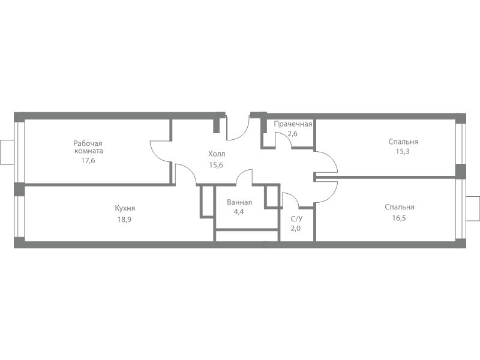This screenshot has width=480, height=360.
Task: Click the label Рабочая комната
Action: click(88, 147)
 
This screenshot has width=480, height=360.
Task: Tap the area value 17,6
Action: click(88, 160)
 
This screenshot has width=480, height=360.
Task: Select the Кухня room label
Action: click(125, 208)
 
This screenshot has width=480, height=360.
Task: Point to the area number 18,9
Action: click(125, 220)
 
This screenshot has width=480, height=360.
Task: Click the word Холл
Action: click(217, 154)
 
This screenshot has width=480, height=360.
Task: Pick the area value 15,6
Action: click(216, 165)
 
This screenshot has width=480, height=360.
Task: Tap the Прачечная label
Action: click(293, 124)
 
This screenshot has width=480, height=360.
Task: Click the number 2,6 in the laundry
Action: click(292, 133)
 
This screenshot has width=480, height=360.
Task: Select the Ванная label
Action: click(239, 202)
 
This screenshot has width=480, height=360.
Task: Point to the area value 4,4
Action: click(239, 212)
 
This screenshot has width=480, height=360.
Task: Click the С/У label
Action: click(296, 218)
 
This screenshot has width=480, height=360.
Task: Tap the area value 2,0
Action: click(296, 228)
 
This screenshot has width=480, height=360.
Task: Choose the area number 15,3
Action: click(403, 151)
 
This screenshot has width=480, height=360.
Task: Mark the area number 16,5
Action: click(399, 218)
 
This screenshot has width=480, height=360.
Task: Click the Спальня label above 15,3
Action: click(403, 142)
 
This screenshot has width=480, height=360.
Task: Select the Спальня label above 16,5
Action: click(400, 207)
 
